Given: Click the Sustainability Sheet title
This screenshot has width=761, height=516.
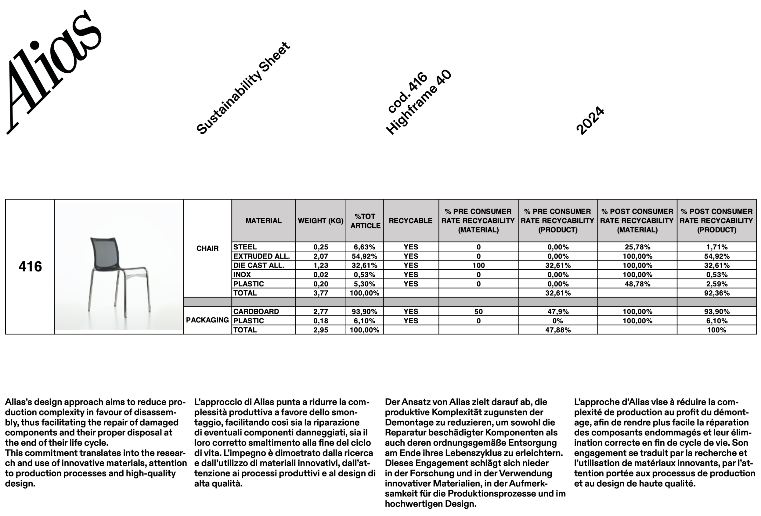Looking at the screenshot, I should (x=243, y=89).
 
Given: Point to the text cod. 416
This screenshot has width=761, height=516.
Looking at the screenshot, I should (x=407, y=93).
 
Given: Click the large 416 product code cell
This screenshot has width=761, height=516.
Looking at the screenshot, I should (x=30, y=267).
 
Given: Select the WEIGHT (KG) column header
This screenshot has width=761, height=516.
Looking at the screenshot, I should (x=321, y=221).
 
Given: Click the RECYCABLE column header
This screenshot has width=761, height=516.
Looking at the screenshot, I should (x=411, y=221).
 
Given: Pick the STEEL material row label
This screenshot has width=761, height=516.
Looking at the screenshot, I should (x=245, y=247).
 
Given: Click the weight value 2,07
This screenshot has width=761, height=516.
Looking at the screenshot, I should (x=321, y=256).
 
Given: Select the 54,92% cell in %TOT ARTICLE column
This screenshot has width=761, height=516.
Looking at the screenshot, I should (x=364, y=256).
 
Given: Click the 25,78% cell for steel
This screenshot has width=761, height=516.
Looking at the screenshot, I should (x=637, y=247).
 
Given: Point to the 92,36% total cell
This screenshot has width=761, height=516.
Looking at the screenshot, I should (x=717, y=293).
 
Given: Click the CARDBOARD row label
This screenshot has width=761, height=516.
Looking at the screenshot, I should (x=256, y=311).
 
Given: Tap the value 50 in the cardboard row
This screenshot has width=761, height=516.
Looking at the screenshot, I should (x=478, y=311).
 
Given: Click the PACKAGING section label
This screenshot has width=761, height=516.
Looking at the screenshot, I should (x=207, y=320).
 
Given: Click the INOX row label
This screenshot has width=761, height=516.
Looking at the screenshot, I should (x=242, y=274).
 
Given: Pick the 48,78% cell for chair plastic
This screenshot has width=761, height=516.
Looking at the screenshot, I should (x=637, y=284).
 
